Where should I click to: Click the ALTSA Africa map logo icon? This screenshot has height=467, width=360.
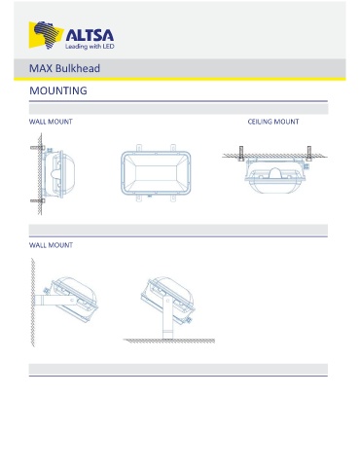tap(46, 35)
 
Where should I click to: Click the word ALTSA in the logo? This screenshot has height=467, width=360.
tap(90, 35)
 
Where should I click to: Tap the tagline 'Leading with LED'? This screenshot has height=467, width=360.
tap(90, 47)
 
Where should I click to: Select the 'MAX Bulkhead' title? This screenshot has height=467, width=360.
tap(64, 68)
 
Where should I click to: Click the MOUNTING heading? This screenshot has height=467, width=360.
tap(58, 90)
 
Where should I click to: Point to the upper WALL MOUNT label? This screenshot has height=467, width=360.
tap(51, 122)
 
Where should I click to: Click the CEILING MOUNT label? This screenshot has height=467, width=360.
tap(273, 122)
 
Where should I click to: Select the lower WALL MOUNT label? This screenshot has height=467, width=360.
tap(51, 245)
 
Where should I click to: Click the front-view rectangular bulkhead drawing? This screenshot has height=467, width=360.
tap(156, 173)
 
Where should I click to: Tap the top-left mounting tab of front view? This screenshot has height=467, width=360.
tap(139, 148)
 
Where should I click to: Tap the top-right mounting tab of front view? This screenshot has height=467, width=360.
tap(173, 148)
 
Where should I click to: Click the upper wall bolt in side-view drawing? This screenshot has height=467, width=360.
tap(38, 148)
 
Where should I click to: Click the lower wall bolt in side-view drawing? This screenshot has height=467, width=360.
tap(38, 200)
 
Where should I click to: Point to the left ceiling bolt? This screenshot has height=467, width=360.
tap(241, 154)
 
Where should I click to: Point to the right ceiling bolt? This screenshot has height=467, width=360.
tap(309, 154)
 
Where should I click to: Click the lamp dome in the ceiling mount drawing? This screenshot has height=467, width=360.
tap(274, 173)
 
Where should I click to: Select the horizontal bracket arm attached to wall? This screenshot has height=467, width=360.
tap(55, 301)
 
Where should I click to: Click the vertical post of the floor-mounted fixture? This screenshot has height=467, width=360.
tap(167, 318)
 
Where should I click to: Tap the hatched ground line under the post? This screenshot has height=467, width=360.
tap(169, 341)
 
